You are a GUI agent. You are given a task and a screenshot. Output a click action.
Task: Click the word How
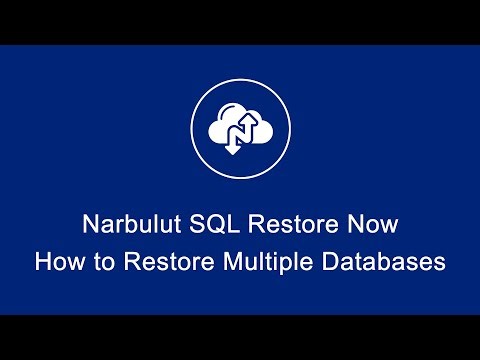click(56, 263)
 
